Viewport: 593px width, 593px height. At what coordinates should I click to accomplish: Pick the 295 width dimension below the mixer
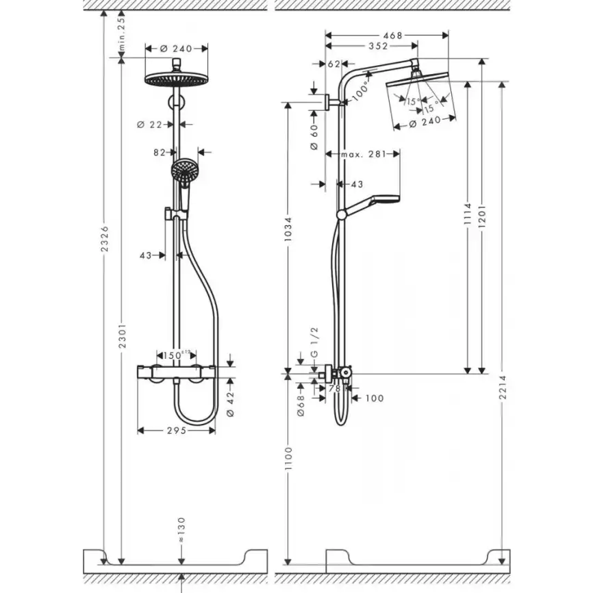coord(177,431)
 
